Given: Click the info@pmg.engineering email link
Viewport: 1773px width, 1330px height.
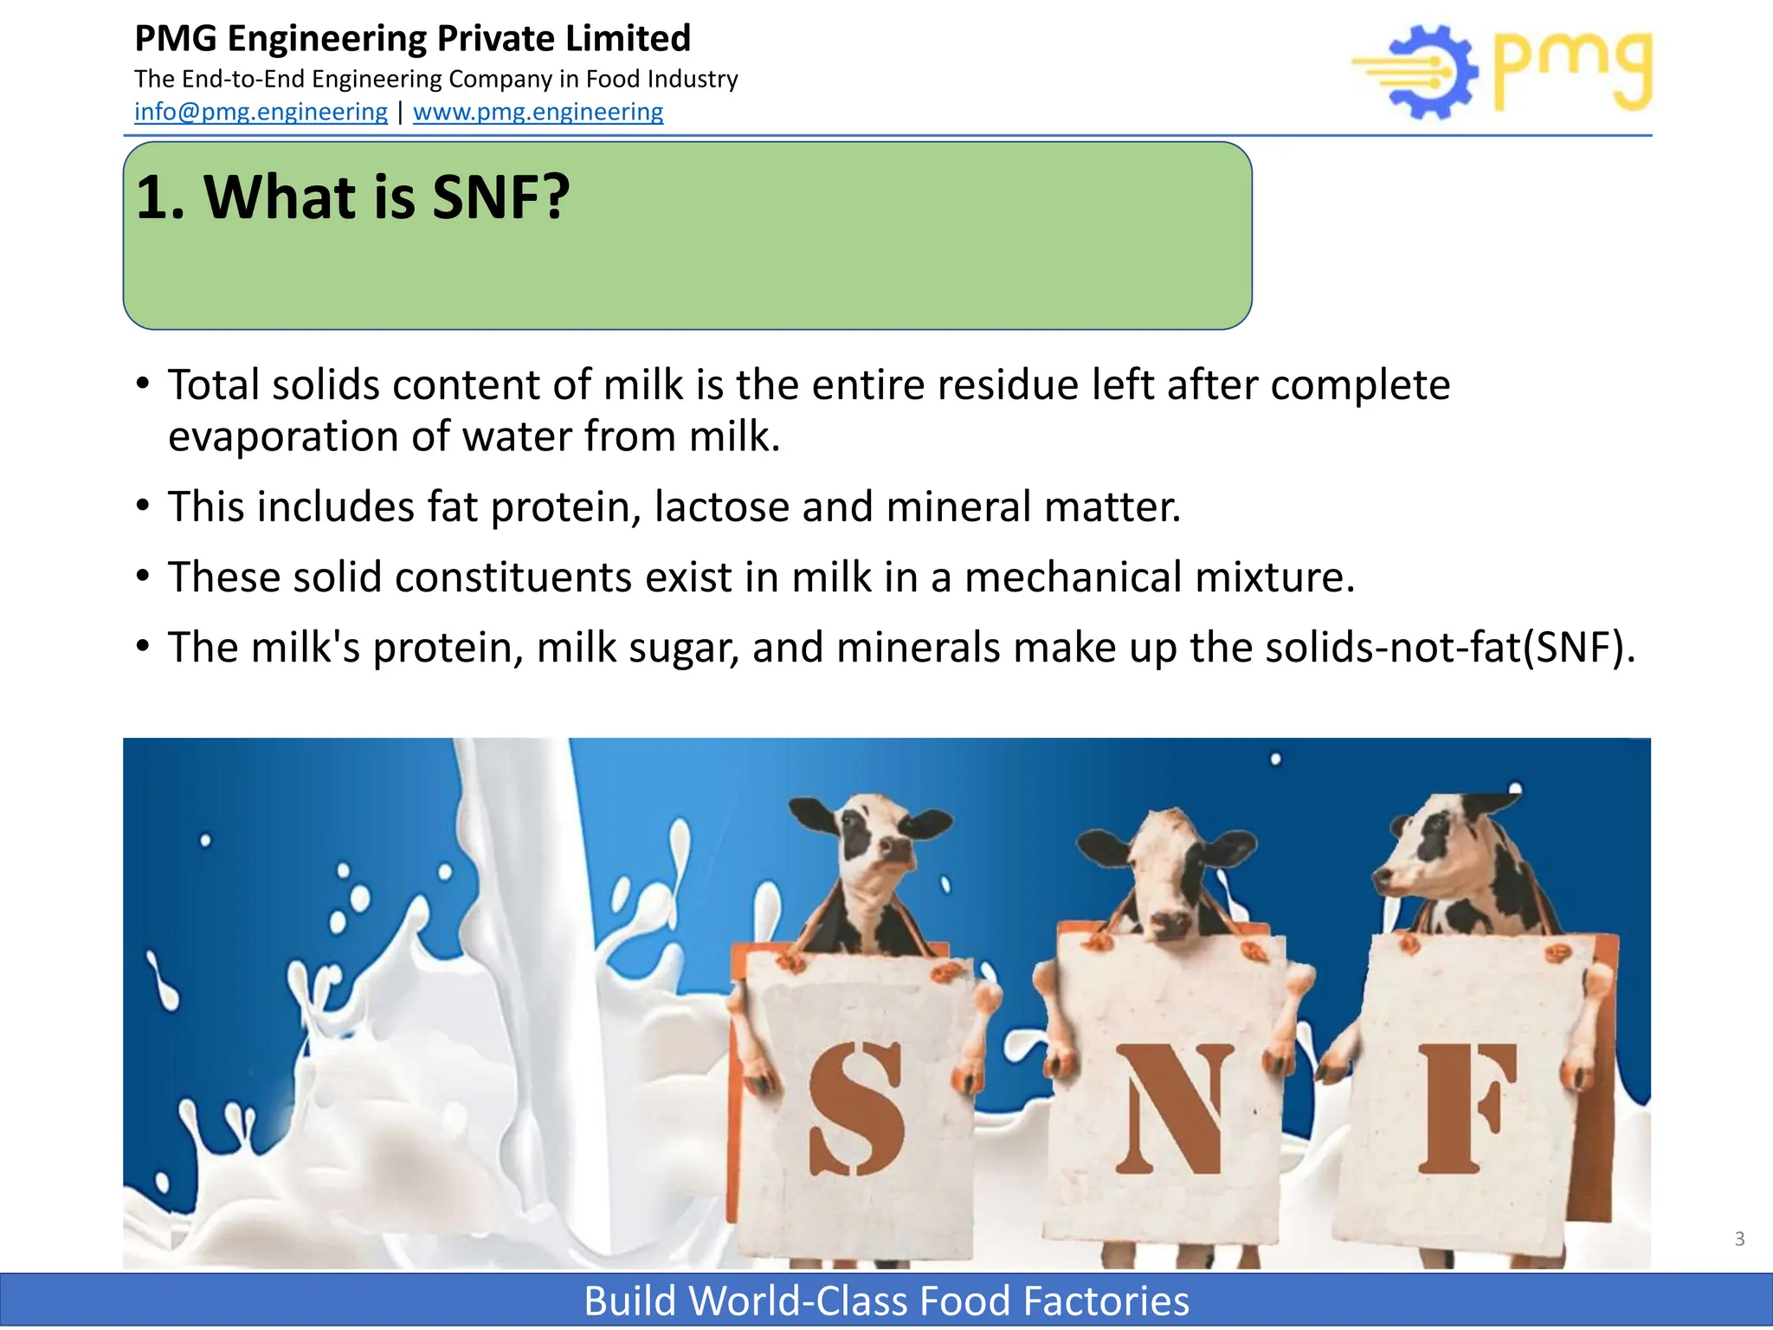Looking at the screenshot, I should pyautogui.click(x=261, y=112).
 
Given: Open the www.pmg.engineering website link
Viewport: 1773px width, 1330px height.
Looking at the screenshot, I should pyautogui.click(x=538, y=112).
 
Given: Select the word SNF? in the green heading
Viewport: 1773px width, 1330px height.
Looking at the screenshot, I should pyautogui.click(x=500, y=197).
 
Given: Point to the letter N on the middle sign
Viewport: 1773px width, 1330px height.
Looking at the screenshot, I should pyautogui.click(x=1173, y=1109).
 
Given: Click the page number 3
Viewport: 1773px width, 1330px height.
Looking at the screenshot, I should pyautogui.click(x=1739, y=1239).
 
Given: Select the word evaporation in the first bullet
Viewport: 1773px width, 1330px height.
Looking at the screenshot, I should pyautogui.click(x=282, y=436).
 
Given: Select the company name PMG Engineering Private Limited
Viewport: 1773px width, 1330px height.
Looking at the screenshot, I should pyautogui.click(x=413, y=39).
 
